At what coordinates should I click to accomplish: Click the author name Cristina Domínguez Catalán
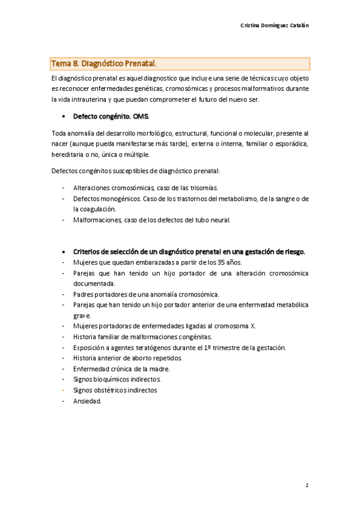275,25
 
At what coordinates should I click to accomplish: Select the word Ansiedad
87,401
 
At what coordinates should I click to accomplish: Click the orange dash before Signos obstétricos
63,390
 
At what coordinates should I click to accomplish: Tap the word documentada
94,283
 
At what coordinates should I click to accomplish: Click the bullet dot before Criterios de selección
64,252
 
